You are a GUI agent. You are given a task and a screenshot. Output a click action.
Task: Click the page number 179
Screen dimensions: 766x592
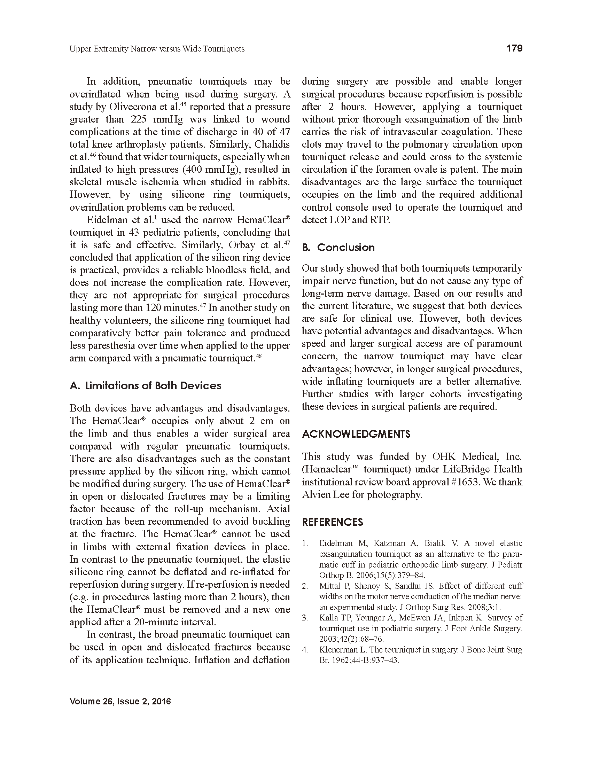pyautogui.click(x=514, y=48)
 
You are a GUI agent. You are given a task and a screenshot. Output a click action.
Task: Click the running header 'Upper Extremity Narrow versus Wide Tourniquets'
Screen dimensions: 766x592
pyautogui.click(x=157, y=49)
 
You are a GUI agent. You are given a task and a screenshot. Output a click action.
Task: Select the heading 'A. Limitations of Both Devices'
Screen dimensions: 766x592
pyautogui.click(x=146, y=386)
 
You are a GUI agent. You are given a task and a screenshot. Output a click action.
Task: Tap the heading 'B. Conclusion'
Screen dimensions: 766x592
pyautogui.click(x=338, y=248)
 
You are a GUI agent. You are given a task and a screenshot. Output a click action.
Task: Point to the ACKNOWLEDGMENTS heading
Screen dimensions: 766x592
pyautogui.click(x=356, y=434)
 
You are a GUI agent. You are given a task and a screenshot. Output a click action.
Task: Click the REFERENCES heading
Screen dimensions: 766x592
pyautogui.click(x=333, y=522)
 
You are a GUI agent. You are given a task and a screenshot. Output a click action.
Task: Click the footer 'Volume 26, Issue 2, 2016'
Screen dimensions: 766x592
pyautogui.click(x=120, y=702)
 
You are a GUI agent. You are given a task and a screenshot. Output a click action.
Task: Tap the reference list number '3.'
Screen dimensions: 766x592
pyautogui.click(x=305, y=618)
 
